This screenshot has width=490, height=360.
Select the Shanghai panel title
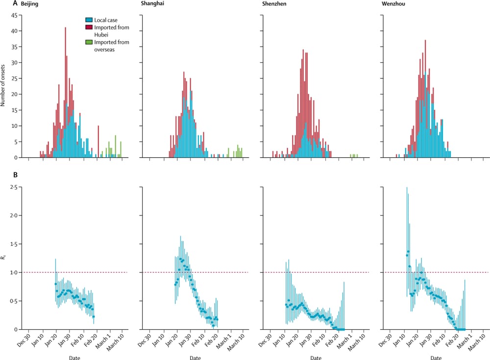tap(152, 4)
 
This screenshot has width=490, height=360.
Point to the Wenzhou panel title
tap(392, 4)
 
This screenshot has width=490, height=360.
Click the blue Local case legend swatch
tap(89, 20)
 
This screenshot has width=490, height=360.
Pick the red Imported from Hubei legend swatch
tap(89, 27)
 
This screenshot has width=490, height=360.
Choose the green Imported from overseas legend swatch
tap(89, 42)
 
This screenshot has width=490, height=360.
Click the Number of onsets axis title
tap(4, 86)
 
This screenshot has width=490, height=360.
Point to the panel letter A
tap(4, 4)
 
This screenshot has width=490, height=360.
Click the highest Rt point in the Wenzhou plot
tap(408, 252)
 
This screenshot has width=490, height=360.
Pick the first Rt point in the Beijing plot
tap(55, 284)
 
